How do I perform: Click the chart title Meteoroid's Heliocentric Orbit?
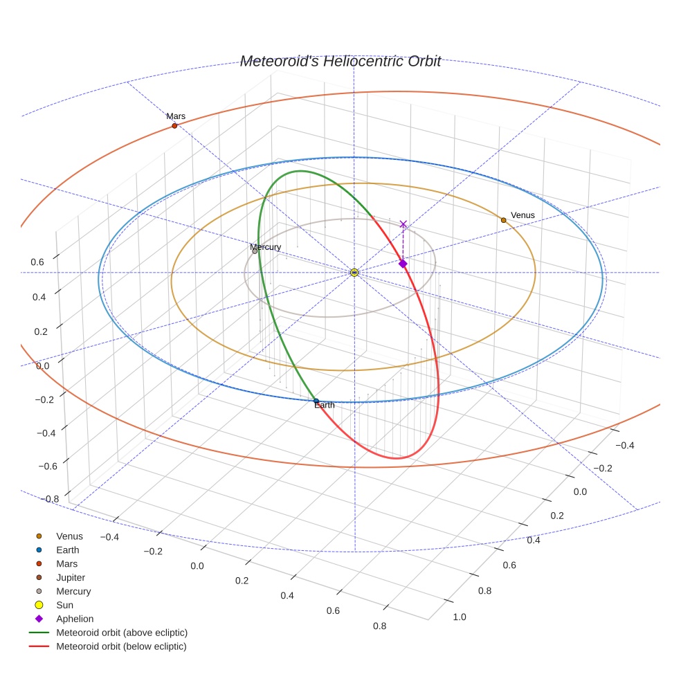340,61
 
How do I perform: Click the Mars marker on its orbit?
174,125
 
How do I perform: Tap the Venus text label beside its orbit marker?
523,215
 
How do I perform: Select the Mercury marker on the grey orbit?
255,251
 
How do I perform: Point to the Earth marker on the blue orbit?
316,401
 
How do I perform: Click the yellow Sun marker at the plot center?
354,273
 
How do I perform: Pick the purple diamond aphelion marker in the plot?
403,264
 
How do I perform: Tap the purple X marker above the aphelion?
403,224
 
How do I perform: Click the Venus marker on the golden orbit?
503,220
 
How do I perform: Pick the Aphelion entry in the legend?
75,619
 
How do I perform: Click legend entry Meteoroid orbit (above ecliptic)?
122,633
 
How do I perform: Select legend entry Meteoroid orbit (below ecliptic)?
121,646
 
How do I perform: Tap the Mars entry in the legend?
67,563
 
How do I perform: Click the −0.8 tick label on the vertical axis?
47,498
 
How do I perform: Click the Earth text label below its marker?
325,406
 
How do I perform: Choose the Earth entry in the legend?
68,550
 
